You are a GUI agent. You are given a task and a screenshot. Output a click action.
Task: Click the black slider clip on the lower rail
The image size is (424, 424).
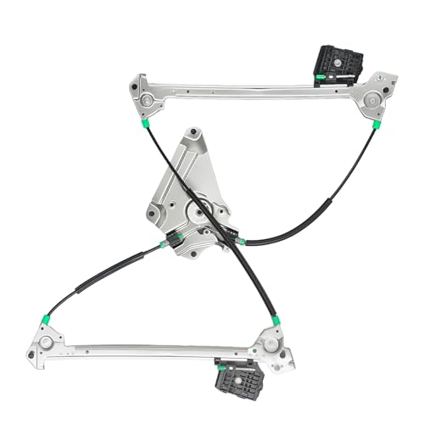tap(239, 373)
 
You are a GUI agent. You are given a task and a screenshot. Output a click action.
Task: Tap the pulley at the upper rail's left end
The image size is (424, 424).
tap(147, 100)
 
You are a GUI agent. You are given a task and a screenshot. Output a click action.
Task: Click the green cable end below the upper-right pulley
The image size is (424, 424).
tap(377, 124)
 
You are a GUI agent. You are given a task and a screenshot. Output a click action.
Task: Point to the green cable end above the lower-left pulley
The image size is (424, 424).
tap(47, 320)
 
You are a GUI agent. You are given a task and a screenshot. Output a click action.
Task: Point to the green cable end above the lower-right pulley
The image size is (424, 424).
tap(276, 321)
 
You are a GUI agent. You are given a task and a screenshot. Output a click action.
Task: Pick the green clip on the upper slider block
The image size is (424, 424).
tap(321, 77)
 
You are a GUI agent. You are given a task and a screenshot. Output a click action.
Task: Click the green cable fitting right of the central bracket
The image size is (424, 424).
tap(242, 242)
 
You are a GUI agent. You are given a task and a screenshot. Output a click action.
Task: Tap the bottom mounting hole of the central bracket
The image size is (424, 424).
tap(194, 253)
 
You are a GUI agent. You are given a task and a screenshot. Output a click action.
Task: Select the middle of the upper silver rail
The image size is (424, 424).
tap(254, 86)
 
